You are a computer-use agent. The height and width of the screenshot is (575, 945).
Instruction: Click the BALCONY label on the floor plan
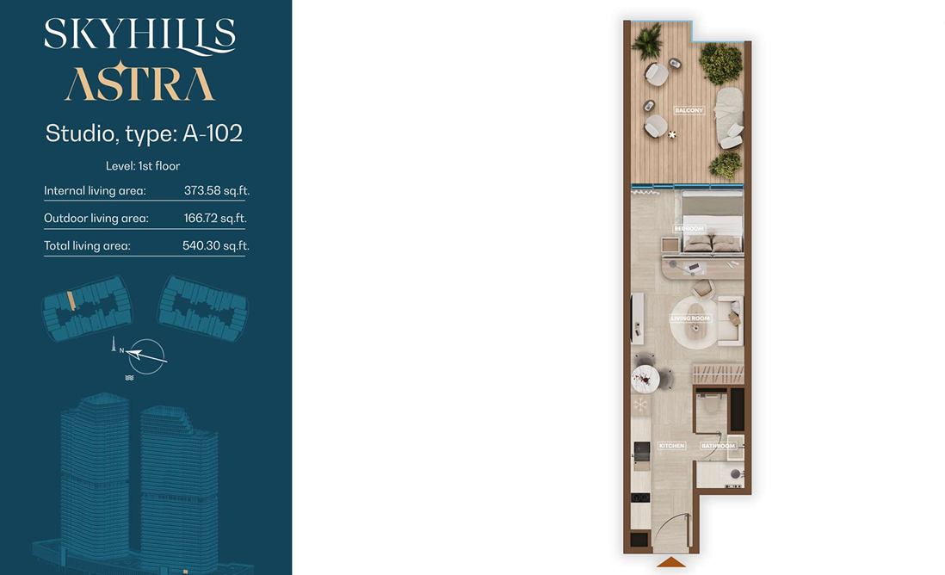689,110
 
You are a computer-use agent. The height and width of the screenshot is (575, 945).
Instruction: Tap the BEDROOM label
689,228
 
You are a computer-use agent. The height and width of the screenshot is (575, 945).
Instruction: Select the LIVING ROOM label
690,318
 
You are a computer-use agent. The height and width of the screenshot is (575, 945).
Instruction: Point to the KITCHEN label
671,445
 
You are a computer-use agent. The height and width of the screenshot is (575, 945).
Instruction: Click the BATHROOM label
718,445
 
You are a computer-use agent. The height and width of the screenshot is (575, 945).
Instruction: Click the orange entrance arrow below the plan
670,562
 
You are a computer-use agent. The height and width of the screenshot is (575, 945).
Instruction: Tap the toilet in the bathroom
711,402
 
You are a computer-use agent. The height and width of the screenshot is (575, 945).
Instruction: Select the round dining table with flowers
645,379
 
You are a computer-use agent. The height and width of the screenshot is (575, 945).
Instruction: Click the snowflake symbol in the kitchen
639,405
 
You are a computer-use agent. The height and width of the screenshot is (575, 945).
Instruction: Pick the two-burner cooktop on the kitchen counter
640,498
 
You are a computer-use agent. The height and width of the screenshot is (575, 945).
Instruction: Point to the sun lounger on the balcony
728,118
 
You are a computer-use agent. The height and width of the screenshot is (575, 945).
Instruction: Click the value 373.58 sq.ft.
216,190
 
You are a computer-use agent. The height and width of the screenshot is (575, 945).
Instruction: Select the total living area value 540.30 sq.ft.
216,245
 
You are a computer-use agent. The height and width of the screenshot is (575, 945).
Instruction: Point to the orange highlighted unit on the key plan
71,300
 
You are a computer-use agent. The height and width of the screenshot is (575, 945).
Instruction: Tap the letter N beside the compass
121,350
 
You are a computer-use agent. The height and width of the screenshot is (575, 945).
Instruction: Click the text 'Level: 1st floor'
143,166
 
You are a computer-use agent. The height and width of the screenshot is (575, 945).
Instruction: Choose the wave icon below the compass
129,378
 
